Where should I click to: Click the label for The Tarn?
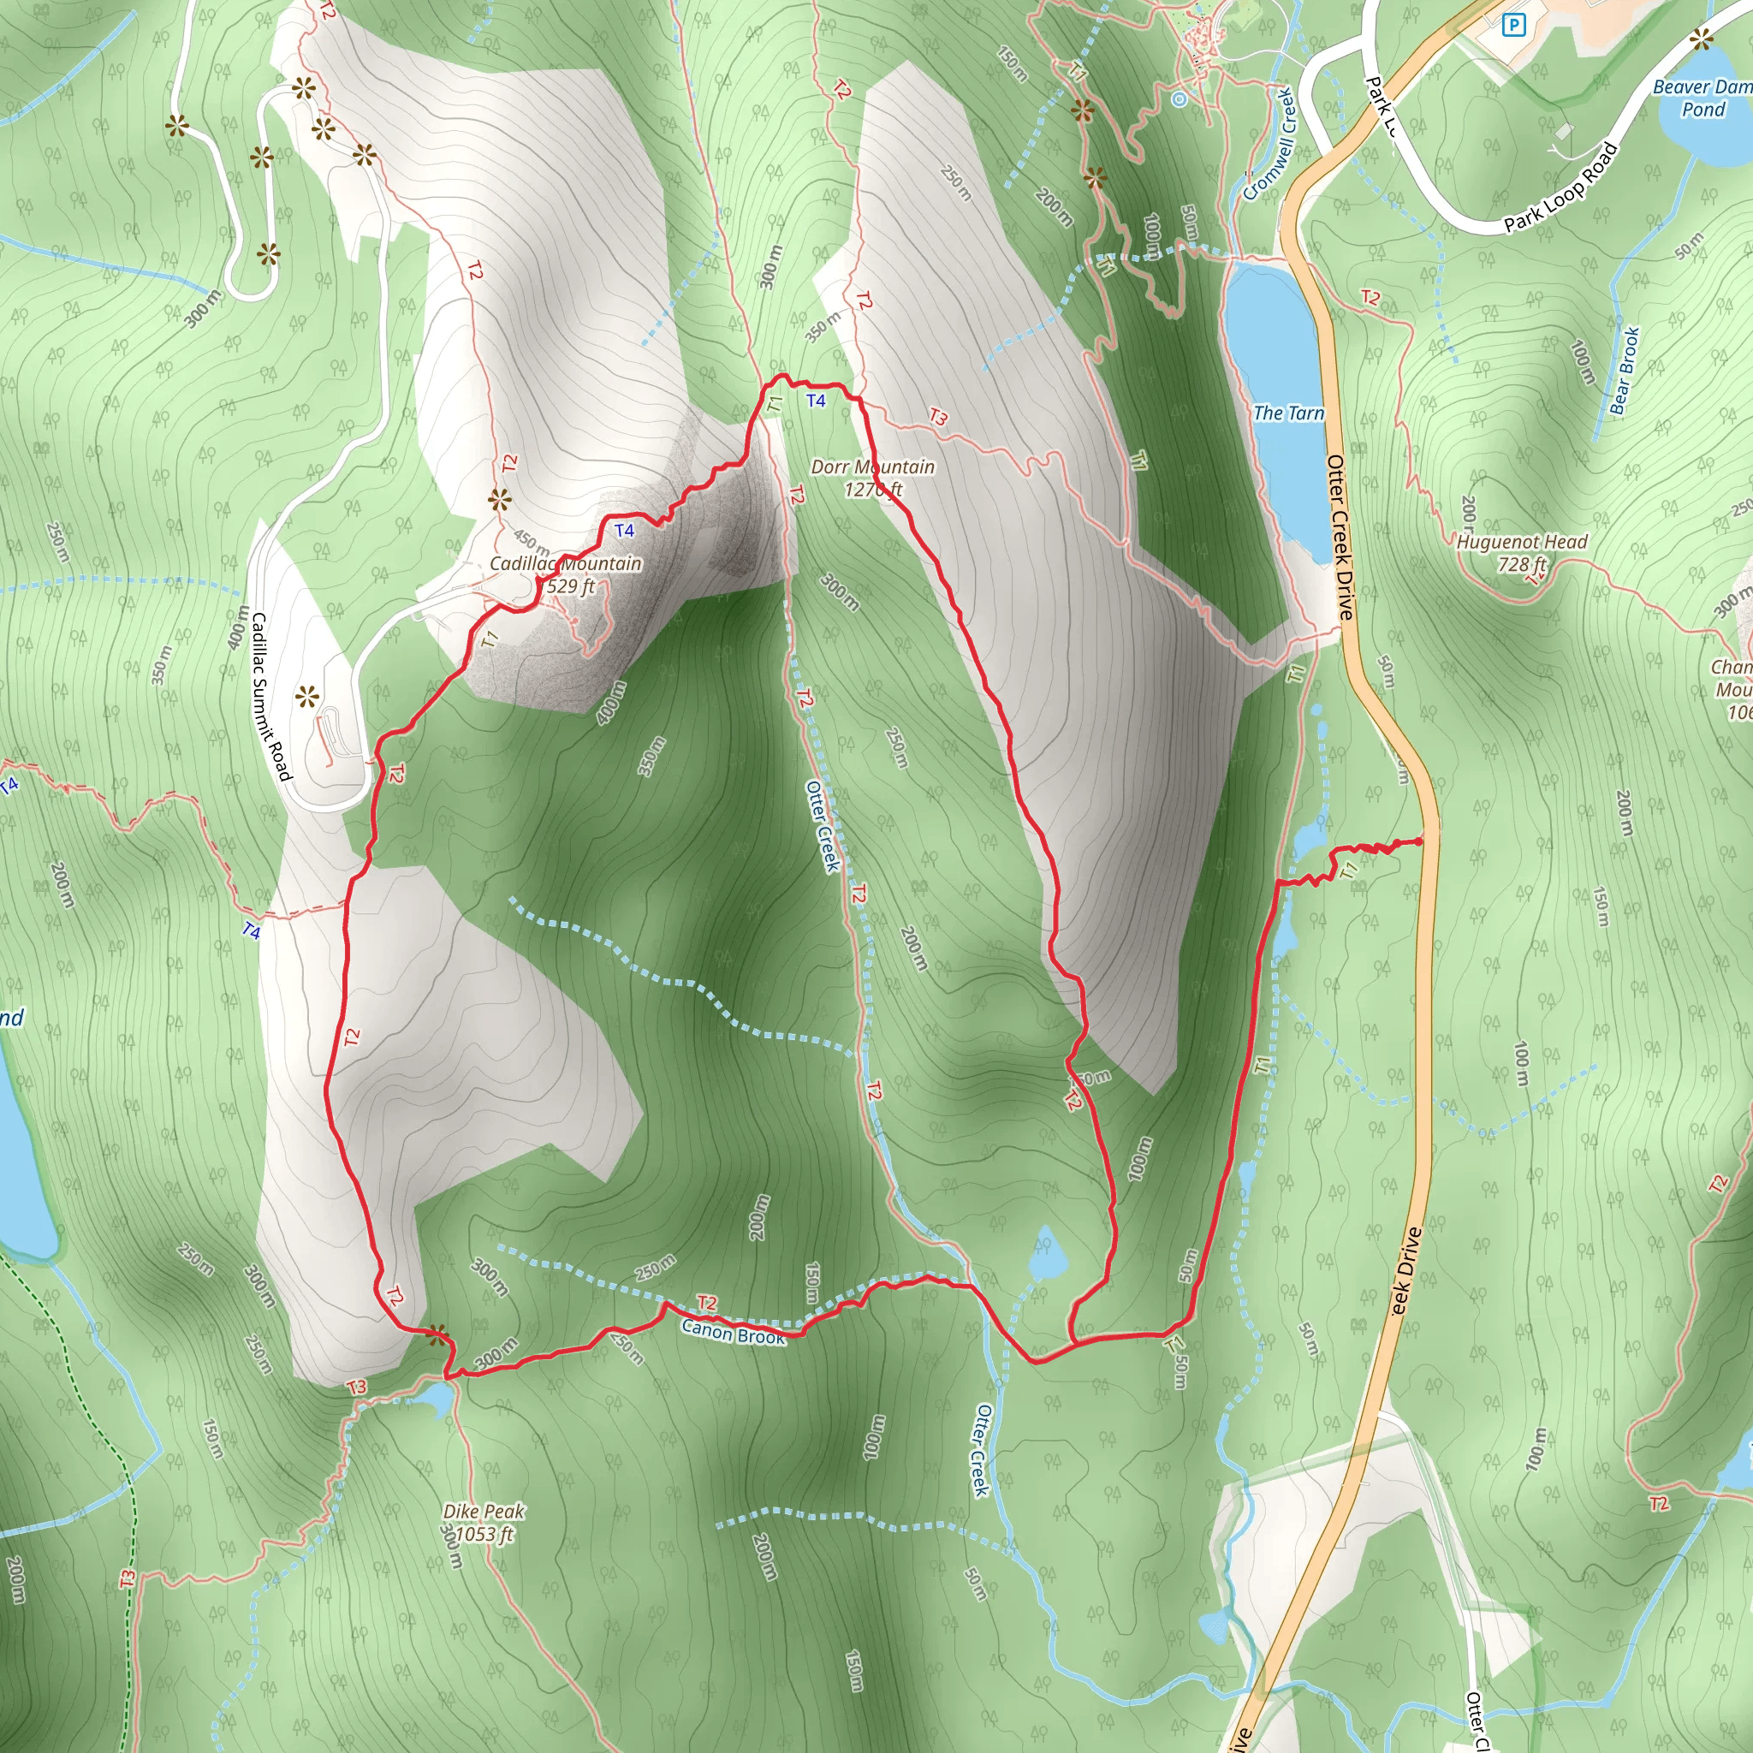(1287, 413)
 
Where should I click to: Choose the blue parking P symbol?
(1513, 26)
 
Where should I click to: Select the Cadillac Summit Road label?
(270, 696)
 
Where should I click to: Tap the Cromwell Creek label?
(1269, 143)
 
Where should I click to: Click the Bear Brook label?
(1624, 370)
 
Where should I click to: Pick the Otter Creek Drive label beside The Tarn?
(1340, 538)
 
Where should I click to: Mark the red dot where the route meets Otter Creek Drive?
(1419, 842)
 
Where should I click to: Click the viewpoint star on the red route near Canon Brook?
(437, 1334)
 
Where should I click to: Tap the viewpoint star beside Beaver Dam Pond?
(1702, 39)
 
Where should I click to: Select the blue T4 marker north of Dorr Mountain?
(816, 400)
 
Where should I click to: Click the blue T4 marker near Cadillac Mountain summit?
(624, 530)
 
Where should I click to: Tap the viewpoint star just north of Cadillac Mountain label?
(499, 499)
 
